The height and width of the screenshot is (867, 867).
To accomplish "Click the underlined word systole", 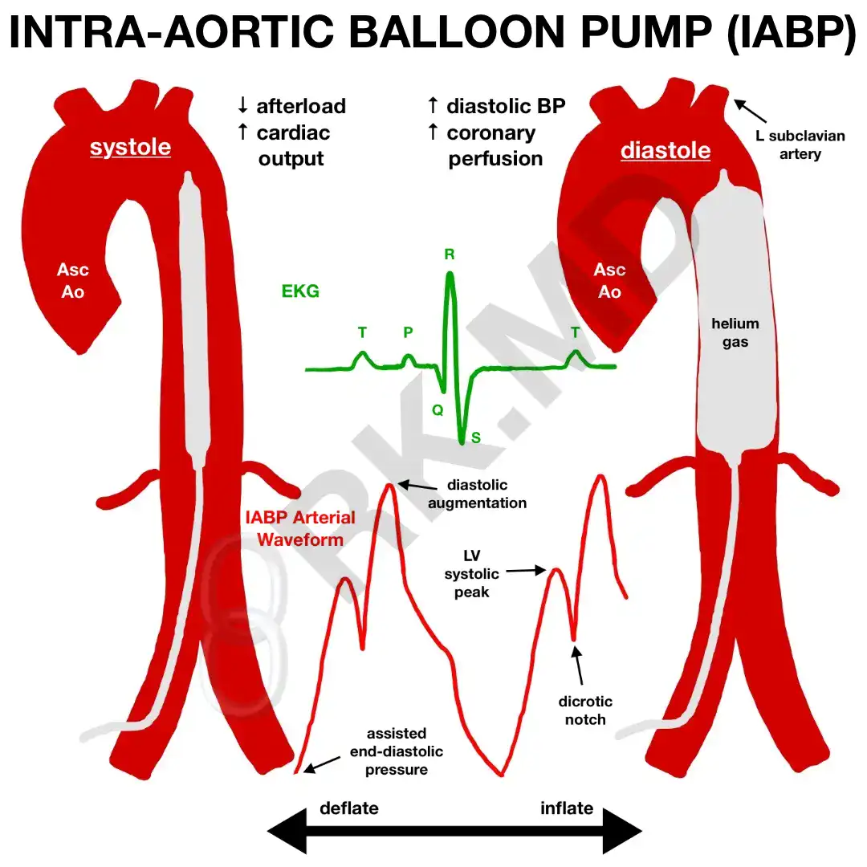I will (x=130, y=148).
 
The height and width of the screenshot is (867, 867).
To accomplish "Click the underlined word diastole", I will (x=666, y=151).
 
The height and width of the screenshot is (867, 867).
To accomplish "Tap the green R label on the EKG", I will (x=450, y=255).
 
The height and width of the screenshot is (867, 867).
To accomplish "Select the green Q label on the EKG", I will (x=438, y=409).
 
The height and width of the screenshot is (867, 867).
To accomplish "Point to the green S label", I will (x=476, y=438).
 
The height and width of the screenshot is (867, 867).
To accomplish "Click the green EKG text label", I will (x=300, y=291).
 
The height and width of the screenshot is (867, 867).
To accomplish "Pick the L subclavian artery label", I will (x=800, y=144).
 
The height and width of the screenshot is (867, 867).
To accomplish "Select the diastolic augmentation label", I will (x=477, y=494).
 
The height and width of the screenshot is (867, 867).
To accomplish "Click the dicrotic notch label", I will (x=585, y=710).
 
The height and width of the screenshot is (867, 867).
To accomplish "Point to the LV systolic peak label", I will (x=471, y=574).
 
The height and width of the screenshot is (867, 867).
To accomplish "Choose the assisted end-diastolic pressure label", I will (x=397, y=751).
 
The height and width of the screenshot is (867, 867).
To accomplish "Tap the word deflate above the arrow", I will (x=349, y=808).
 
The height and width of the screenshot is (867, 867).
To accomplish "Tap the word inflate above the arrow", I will (x=567, y=808).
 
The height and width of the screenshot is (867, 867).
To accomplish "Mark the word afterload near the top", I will (x=301, y=106).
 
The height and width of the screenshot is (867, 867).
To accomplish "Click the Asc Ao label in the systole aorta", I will (x=73, y=280).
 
